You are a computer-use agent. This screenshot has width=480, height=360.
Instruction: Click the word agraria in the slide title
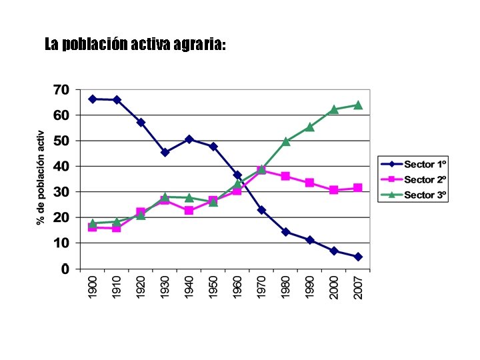[199, 45]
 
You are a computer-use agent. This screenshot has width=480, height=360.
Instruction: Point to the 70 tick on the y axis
[61, 89]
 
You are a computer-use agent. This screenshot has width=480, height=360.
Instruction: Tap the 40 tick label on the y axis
[61, 167]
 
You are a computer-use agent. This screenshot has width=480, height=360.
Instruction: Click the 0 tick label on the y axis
[65, 269]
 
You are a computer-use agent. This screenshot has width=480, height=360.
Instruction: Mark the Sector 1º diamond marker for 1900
[93, 99]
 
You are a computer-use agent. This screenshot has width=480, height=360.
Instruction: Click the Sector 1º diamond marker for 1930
[165, 152]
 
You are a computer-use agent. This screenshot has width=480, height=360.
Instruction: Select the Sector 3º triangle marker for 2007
[358, 105]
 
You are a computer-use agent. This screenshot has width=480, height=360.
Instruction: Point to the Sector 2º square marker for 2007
[358, 188]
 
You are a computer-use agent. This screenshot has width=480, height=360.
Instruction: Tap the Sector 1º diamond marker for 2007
[358, 257]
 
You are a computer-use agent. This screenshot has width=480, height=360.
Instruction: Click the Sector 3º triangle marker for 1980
[286, 141]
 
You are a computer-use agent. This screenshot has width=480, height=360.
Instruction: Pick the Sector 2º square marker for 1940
[189, 211]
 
